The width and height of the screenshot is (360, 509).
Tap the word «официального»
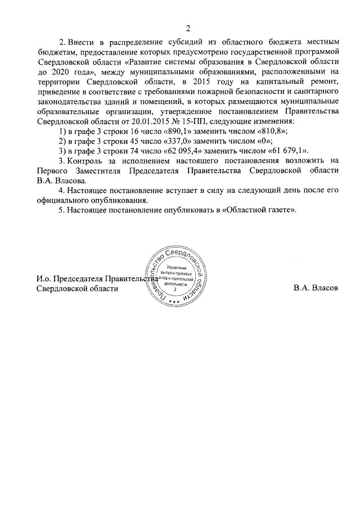coord(61,200)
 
